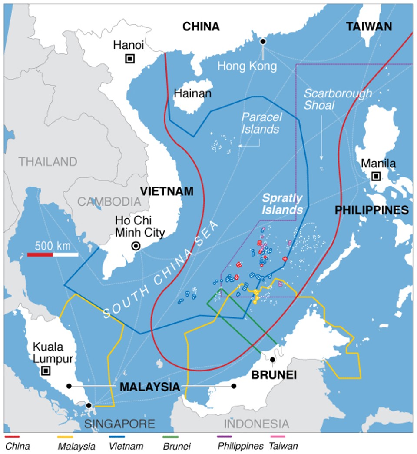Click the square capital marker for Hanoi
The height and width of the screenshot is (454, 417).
point(129,59)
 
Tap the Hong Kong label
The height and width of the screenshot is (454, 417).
point(247,66)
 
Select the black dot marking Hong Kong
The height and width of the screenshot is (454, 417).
point(263,41)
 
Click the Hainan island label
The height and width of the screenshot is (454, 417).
point(192,93)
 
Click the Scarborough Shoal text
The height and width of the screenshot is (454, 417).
point(338,100)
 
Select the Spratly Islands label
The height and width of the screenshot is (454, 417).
point(282,204)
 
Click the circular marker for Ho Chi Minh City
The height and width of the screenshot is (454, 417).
point(136,246)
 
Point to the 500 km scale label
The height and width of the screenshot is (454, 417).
point(53,245)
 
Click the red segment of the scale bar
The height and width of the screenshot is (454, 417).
point(40,254)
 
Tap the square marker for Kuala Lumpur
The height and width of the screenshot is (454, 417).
point(45,371)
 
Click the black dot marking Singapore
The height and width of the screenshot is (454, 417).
point(89,405)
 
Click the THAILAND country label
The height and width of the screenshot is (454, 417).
point(48,162)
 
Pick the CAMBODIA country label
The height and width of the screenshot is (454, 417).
point(109,201)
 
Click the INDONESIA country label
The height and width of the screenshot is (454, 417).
point(256,423)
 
